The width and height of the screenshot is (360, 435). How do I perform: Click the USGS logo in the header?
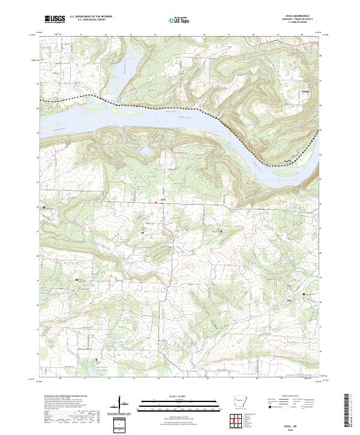tap(55, 19)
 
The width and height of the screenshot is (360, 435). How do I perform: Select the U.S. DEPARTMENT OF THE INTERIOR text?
tap(90, 17)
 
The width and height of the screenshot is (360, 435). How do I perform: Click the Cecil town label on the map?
tap(163, 199)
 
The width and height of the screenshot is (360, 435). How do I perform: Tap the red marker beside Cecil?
tap(157, 202)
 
